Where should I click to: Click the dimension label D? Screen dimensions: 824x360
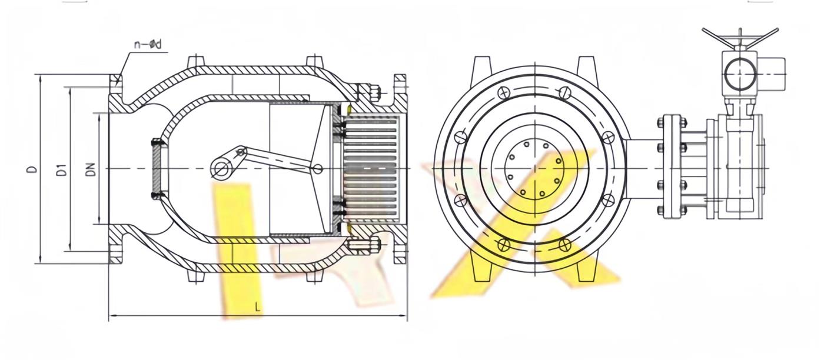pyautogui.click(x=33, y=169)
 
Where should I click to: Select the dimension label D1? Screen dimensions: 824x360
pyautogui.click(x=62, y=170)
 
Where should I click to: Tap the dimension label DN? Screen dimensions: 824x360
pyautogui.click(x=91, y=169)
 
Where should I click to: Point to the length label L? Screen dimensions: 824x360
pyautogui.click(x=258, y=307)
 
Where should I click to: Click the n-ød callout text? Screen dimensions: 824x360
pyautogui.click(x=148, y=45)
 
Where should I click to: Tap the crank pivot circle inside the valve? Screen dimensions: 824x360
pyautogui.click(x=222, y=169)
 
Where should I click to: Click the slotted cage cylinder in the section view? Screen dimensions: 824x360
pyautogui.click(x=371, y=169)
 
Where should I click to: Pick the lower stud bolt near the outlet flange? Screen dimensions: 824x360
pyautogui.click(x=364, y=245)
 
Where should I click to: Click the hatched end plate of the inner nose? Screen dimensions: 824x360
pyautogui.click(x=157, y=169)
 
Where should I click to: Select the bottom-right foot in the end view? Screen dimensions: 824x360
pyautogui.click(x=586, y=272)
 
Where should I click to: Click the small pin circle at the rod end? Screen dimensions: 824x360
pyautogui.click(x=318, y=169)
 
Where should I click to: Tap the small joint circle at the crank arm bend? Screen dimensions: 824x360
pyautogui.click(x=241, y=151)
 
